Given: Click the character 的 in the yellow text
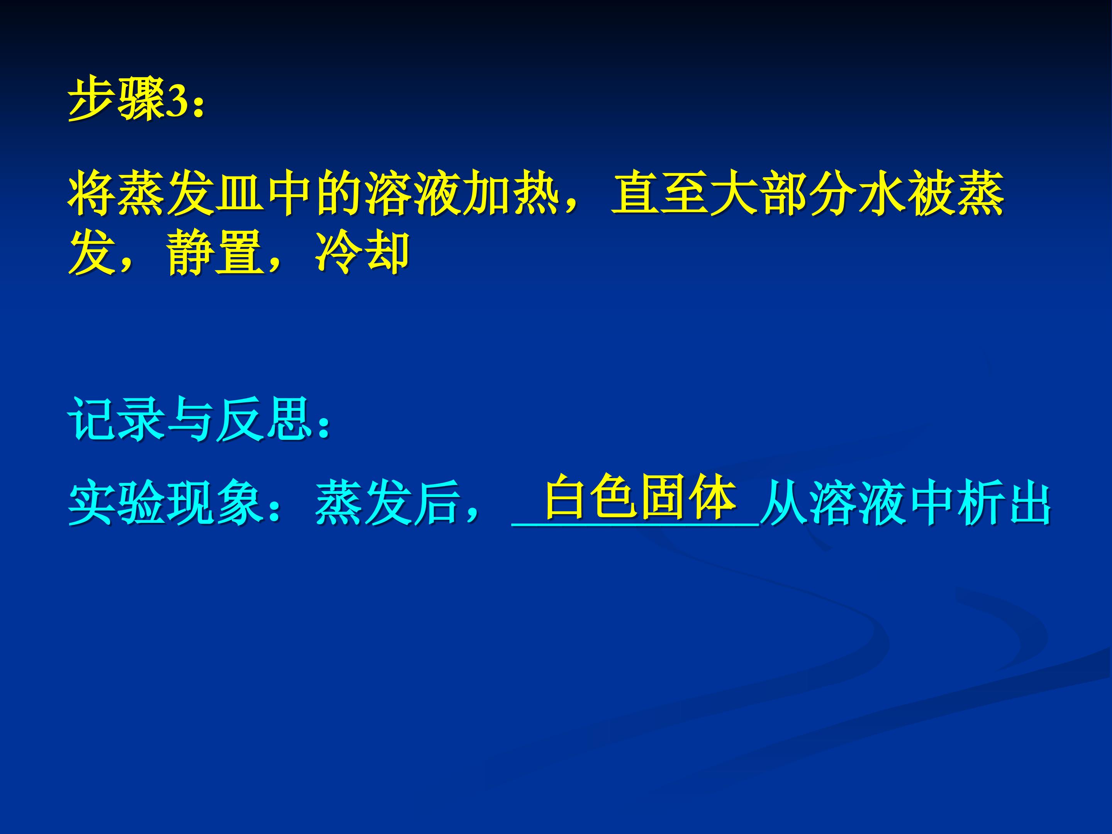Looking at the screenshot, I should pyautogui.click(x=339, y=193).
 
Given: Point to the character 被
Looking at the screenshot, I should pyautogui.click(x=931, y=193).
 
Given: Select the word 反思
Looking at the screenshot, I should pyautogui.click(x=264, y=419).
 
